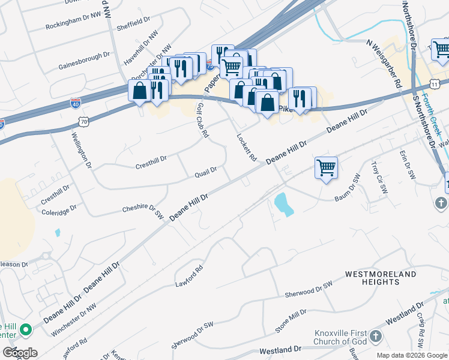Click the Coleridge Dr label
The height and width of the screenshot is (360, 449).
pos(59,210)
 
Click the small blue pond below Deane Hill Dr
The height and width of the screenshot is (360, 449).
pos(283,205)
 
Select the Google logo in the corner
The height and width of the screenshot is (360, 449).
pos(19,352)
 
